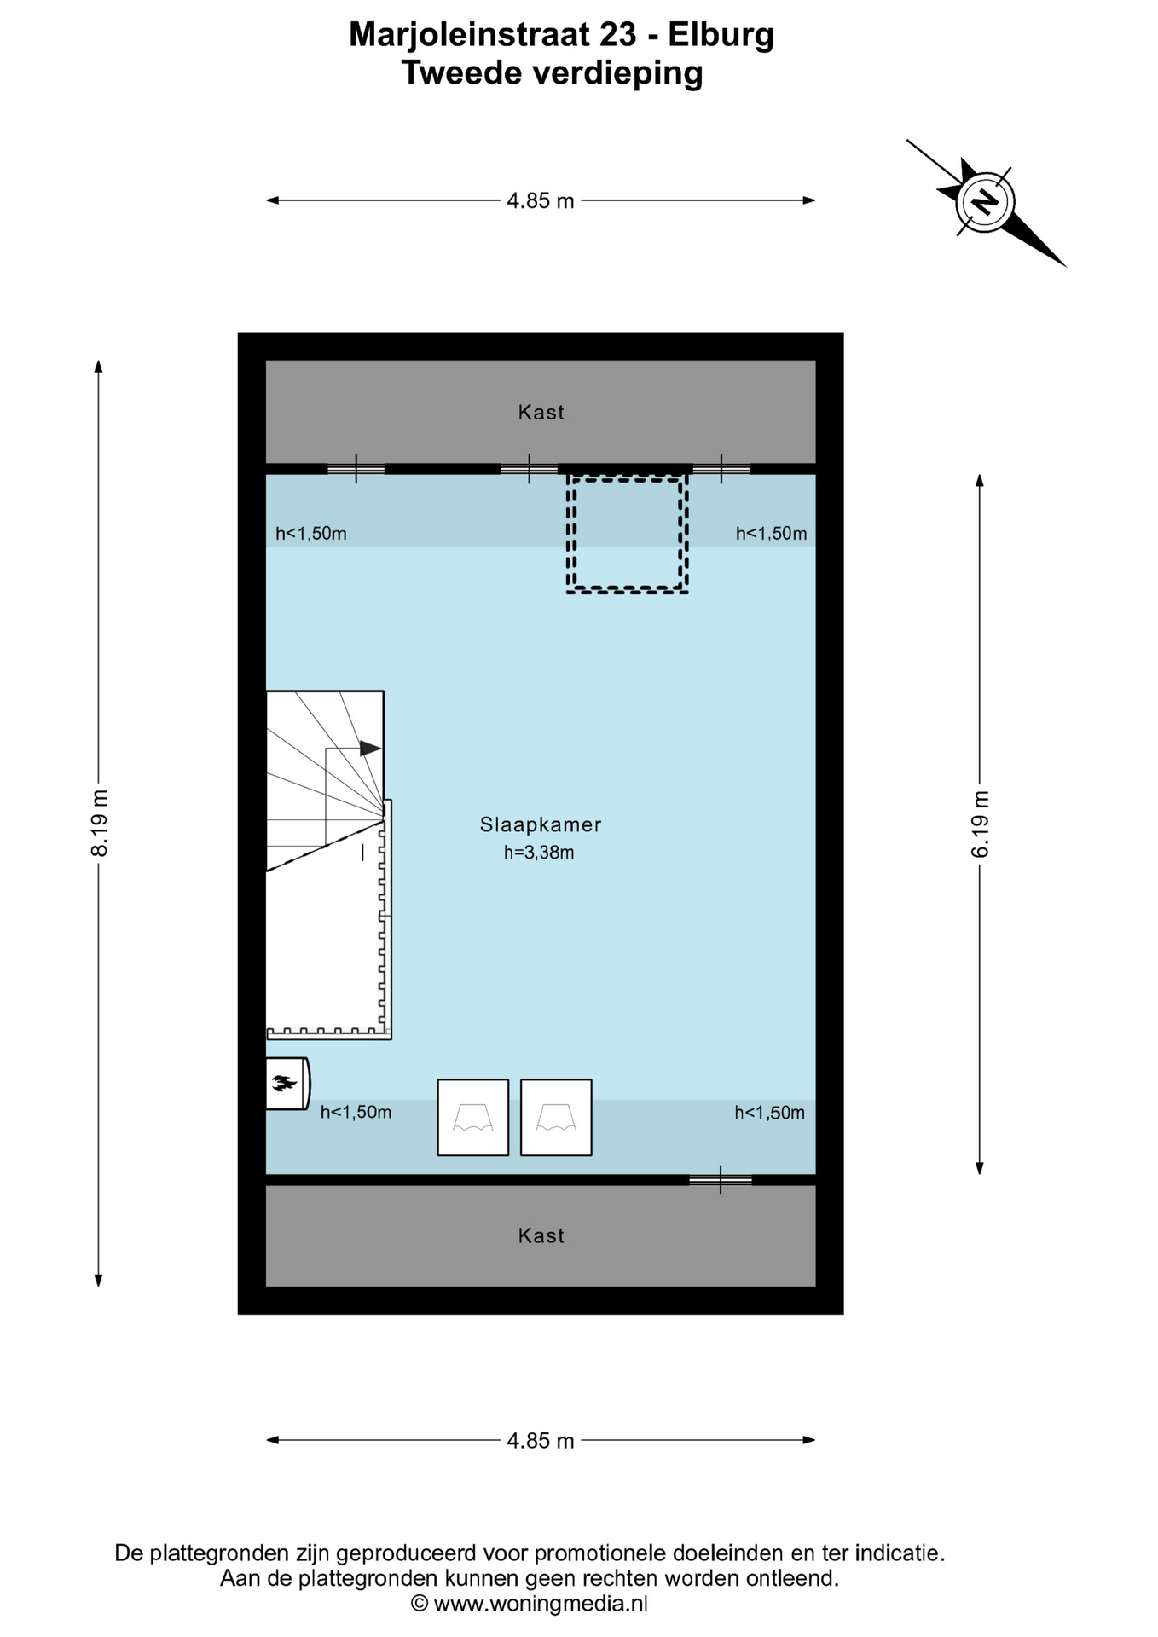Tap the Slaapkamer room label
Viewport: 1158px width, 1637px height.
[541, 824]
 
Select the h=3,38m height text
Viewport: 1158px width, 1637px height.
[539, 853]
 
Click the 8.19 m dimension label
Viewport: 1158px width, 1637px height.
[100, 823]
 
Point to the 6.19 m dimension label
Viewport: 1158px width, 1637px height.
[981, 824]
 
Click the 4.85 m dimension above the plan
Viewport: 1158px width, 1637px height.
[541, 201]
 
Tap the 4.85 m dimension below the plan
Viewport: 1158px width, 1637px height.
[541, 1441]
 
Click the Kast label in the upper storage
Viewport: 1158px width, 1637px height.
[541, 413]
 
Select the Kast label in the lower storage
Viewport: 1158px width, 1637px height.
[541, 1235]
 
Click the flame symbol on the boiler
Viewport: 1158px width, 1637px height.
[284, 1084]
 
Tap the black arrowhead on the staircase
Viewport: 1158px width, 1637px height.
[370, 749]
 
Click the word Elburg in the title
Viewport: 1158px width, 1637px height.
[721, 35]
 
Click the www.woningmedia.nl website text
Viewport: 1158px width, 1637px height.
[541, 1604]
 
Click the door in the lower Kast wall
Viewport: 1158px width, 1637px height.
[721, 1180]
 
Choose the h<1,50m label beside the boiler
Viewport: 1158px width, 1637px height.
[356, 1112]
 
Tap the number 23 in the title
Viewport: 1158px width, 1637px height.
[617, 35]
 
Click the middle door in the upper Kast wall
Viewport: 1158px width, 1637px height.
[530, 469]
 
